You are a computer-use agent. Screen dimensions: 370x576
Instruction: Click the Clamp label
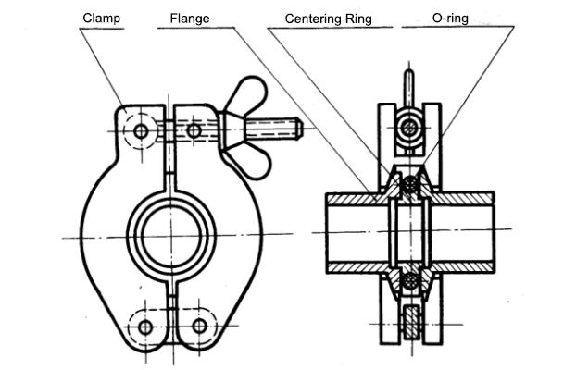(102, 17)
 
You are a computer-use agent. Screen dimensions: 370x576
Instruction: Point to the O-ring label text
(457, 17)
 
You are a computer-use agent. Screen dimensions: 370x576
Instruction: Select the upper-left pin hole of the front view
(140, 131)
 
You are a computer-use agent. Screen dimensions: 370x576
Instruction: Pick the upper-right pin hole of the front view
(193, 131)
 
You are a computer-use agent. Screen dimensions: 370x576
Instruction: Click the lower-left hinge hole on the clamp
(145, 327)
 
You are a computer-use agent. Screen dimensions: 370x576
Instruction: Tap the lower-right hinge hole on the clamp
(199, 327)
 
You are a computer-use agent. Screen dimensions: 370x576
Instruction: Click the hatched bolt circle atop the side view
(408, 129)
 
